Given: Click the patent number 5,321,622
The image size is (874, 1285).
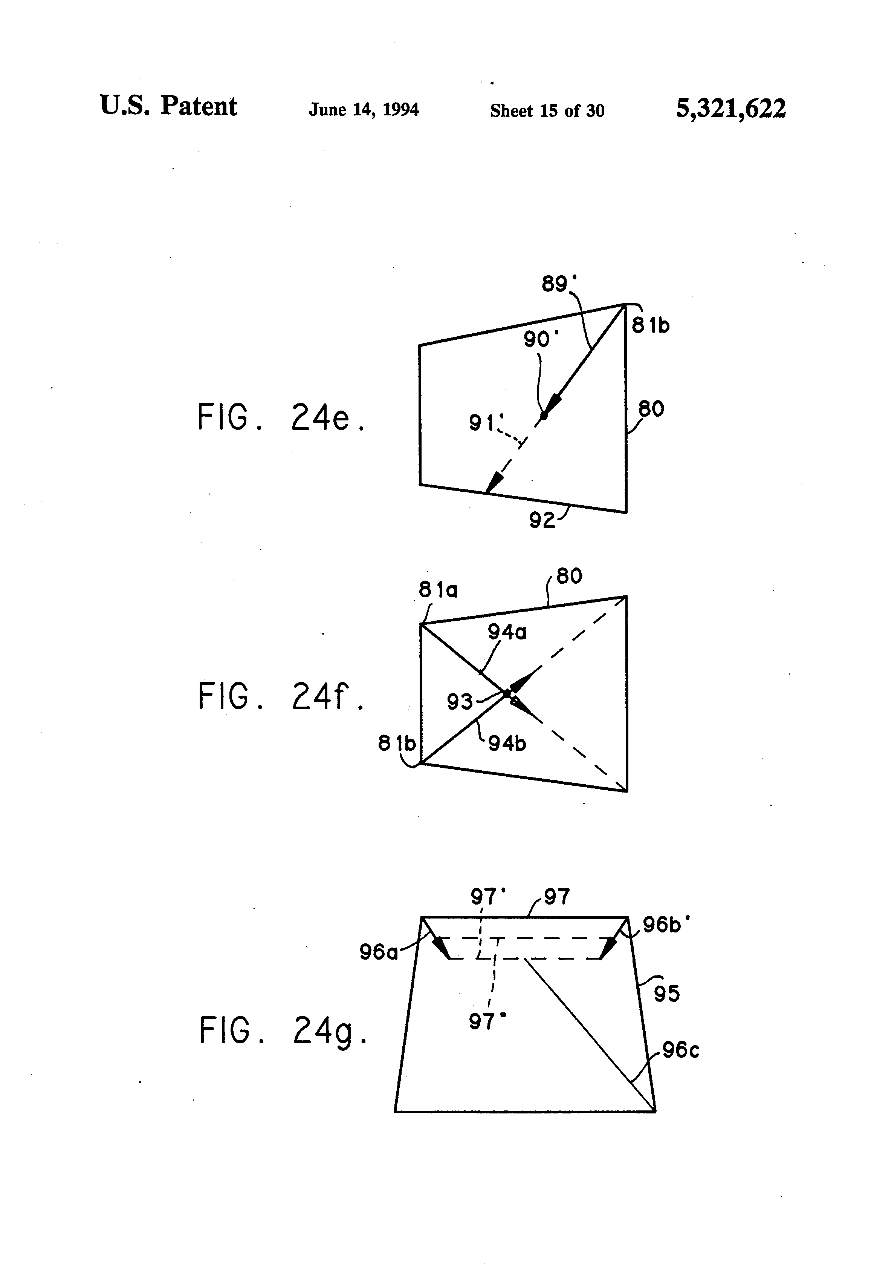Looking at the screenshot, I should (730, 108).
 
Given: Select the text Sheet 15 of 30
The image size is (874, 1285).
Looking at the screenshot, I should (547, 110).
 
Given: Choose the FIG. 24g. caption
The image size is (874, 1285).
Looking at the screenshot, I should (283, 1030).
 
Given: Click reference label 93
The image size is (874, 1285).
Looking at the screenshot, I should (460, 702).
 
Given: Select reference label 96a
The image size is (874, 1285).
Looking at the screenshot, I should (379, 952).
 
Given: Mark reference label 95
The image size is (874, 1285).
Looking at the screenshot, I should (666, 994).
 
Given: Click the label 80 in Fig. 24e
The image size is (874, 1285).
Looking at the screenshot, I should (651, 409).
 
